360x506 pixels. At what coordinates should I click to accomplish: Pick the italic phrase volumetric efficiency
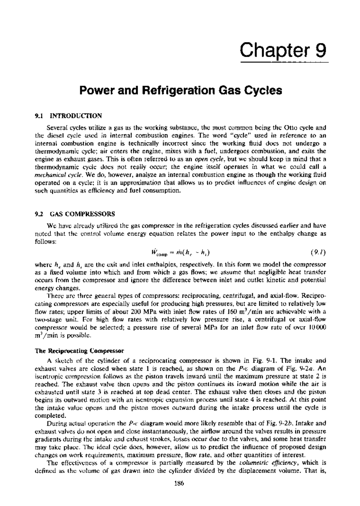(269, 463)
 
